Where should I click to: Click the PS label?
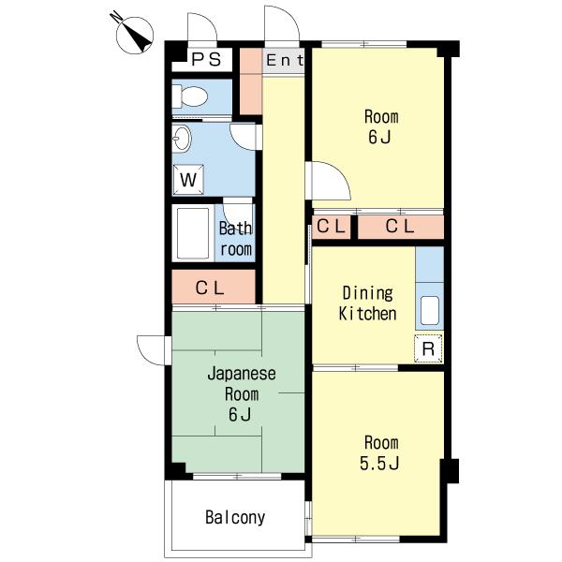click(206, 59)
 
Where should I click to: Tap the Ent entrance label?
click(285, 60)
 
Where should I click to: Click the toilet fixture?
click(190, 96)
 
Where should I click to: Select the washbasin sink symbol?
click(182, 139)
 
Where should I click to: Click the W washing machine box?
click(188, 180)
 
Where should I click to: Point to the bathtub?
click(193, 233)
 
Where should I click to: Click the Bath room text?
click(235, 239)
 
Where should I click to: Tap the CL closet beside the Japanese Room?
click(214, 287)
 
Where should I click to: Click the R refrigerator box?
click(428, 348)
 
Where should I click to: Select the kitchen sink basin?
click(429, 310)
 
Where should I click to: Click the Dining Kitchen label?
click(367, 303)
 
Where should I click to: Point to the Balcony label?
click(235, 517)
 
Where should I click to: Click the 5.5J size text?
click(379, 463)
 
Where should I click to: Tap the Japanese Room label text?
click(242, 384)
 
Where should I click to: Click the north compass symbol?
click(134, 35)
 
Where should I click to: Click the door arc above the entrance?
click(282, 22)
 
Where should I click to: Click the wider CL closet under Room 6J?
click(401, 227)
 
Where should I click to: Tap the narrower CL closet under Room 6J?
click(332, 227)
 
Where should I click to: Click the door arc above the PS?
click(202, 26)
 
